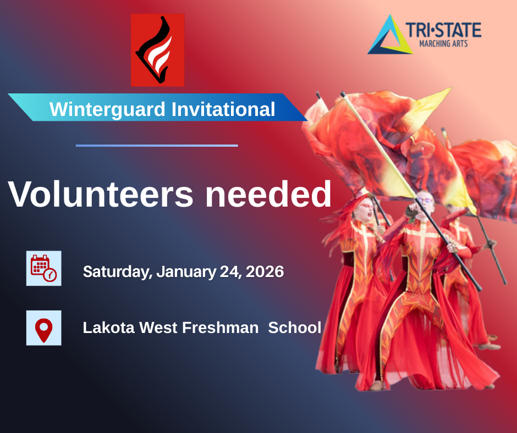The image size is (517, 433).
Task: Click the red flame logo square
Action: [x=158, y=50]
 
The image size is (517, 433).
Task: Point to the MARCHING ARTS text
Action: [x=443, y=43]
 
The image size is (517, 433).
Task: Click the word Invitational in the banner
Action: [x=223, y=109]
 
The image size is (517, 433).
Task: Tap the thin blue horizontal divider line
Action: [x=157, y=145]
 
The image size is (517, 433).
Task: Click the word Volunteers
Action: [x=101, y=194]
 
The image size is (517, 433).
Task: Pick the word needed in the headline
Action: [x=268, y=194]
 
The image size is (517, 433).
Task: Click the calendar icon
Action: [x=44, y=268]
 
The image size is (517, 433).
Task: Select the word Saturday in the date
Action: [x=118, y=272]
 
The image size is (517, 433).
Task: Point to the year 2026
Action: [x=265, y=271]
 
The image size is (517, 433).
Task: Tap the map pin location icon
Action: [x=44, y=328]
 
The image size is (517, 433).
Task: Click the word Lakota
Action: [x=109, y=327]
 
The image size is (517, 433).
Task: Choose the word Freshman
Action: [x=220, y=327]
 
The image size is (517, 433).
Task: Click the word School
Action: [x=295, y=327]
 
